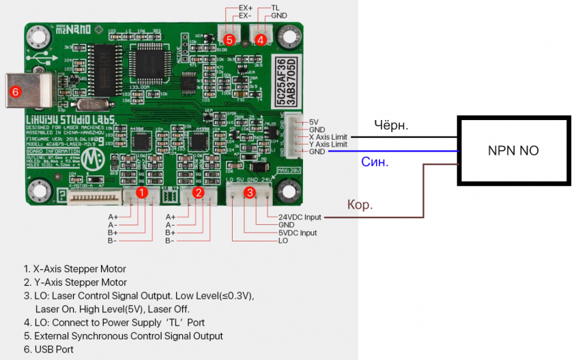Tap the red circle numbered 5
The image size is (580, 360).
229,40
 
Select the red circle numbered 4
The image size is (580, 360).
261,40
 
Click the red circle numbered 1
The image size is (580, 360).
141,193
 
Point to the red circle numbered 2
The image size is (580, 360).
198,193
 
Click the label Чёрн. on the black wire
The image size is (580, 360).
392,125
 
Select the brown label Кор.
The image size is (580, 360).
360,205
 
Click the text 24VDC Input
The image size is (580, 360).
300,217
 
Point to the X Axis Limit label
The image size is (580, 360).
328,137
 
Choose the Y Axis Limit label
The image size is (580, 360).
328,145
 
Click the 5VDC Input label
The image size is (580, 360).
298,232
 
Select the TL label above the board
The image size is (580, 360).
276,8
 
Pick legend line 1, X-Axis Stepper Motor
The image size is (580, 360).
75,269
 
